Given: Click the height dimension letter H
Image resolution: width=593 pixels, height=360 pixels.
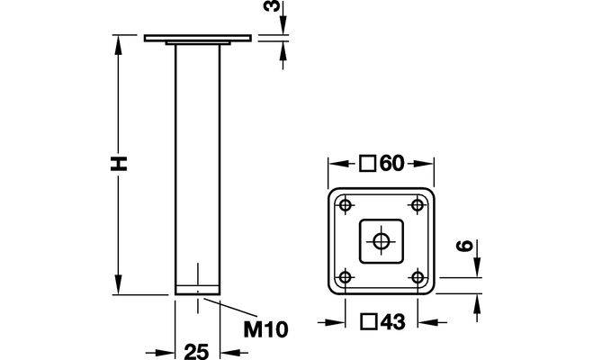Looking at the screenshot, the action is tap(119, 163).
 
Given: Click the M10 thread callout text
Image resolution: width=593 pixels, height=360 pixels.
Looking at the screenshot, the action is tap(265, 329).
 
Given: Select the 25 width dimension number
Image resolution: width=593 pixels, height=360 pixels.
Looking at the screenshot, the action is tap(197, 352).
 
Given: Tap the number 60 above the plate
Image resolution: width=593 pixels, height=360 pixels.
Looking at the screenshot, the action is tap(392, 164).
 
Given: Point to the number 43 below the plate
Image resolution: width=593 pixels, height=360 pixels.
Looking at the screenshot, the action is tap(392, 322).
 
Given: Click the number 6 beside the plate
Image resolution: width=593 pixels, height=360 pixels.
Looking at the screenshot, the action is tap(465, 246).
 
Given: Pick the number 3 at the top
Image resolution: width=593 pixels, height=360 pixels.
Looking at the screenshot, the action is tap(273, 6).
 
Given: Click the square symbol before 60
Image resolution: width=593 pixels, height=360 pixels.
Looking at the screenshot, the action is tap(367, 164).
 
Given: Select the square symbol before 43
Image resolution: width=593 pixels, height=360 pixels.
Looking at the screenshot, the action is tap(368, 322).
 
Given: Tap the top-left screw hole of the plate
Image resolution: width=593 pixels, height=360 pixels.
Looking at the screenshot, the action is tap(345, 206).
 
